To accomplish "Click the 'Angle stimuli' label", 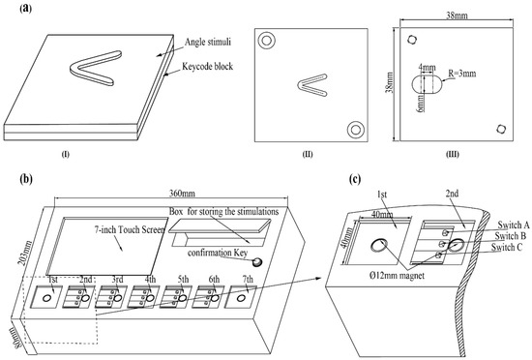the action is tap(208, 42).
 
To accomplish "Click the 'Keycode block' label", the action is tap(208, 66).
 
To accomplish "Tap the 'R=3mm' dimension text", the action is tap(462, 73).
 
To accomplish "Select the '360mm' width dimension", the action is tap(182, 194).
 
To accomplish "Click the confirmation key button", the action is tap(257, 261).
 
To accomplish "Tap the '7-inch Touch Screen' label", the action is tap(130, 229).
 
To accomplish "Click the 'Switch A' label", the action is tap(514, 225).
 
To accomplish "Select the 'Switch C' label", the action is tap(507, 248).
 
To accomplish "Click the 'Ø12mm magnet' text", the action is tap(397, 275).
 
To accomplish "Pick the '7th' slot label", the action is tap(248, 280).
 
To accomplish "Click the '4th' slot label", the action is tap(150, 280).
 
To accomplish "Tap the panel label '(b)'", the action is tap(26, 179).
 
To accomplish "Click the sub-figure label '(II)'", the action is tap(308, 155).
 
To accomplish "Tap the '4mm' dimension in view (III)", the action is tap(427, 67).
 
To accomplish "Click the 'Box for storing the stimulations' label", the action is tap(224, 212).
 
